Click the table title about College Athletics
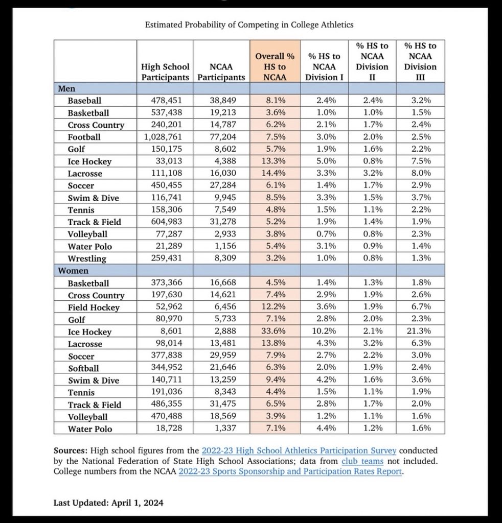[x=249, y=24]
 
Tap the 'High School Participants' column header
[x=165, y=72]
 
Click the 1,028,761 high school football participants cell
[x=165, y=137]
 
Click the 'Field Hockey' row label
[x=94, y=307]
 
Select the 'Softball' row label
[x=83, y=368]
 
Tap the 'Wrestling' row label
[x=87, y=258]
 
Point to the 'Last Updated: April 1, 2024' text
[x=108, y=503]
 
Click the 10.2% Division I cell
[x=324, y=331]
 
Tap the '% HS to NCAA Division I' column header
[x=324, y=66]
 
